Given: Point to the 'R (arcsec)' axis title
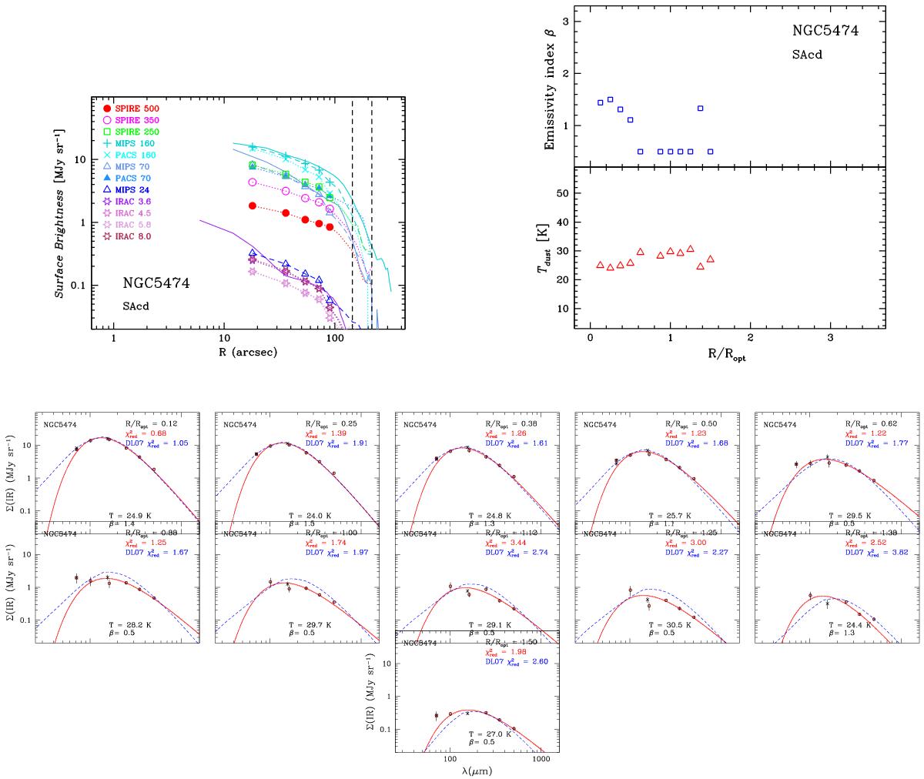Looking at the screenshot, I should pyautogui.click(x=248, y=352).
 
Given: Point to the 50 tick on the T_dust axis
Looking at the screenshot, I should pyautogui.click(x=564, y=194).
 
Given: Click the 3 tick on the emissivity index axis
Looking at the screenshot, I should pyautogui.click(x=566, y=22).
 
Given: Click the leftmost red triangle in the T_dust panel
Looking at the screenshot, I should pyautogui.click(x=601, y=265).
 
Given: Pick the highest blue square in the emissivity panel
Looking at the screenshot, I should pyautogui.click(x=611, y=99).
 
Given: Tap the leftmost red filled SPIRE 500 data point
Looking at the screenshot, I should pyautogui.click(x=253, y=206).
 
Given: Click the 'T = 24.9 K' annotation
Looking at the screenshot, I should pyautogui.click(x=125, y=513).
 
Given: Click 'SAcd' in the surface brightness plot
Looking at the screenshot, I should pyautogui.click(x=137, y=305).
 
